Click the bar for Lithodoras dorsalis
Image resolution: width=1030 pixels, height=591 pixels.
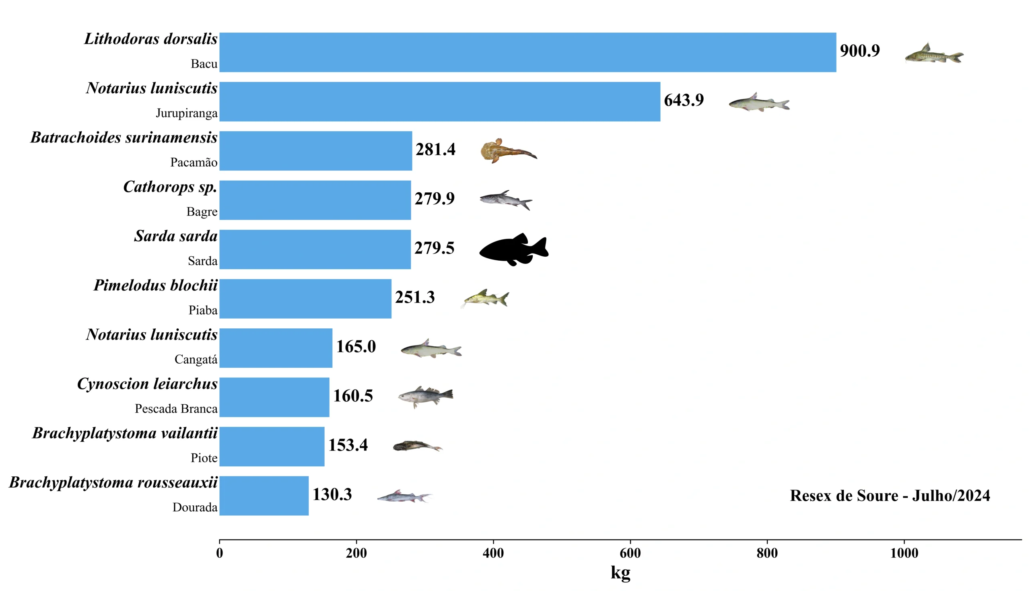[527, 52]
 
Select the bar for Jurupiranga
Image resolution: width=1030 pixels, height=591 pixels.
[439, 101]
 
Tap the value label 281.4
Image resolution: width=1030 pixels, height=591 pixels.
[435, 150]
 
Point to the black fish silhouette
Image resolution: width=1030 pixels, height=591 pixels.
[513, 249]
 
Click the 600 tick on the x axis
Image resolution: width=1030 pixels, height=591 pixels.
[630, 553]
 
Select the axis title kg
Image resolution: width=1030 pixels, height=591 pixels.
[620, 572]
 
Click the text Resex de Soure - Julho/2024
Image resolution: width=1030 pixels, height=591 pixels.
[890, 496]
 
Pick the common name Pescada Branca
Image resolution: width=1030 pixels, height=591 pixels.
[176, 409]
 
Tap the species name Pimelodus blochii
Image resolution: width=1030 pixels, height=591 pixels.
[155, 285]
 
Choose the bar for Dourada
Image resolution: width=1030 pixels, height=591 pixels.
[264, 496]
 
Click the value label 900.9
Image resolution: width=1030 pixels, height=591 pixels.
[859, 51]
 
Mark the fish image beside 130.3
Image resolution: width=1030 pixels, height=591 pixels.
[404, 496]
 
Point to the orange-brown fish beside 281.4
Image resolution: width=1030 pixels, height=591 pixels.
[508, 150]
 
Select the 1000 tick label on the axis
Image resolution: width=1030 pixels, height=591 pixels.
[904, 553]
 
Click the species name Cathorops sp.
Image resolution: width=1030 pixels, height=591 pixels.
[170, 187]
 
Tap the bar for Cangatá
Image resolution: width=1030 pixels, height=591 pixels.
[276, 348]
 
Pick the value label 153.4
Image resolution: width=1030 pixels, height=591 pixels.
[348, 445]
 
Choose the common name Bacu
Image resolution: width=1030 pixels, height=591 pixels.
[204, 64]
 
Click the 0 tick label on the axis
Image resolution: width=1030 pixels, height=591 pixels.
[220, 553]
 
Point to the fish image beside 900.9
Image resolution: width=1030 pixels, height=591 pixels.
[934, 54]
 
